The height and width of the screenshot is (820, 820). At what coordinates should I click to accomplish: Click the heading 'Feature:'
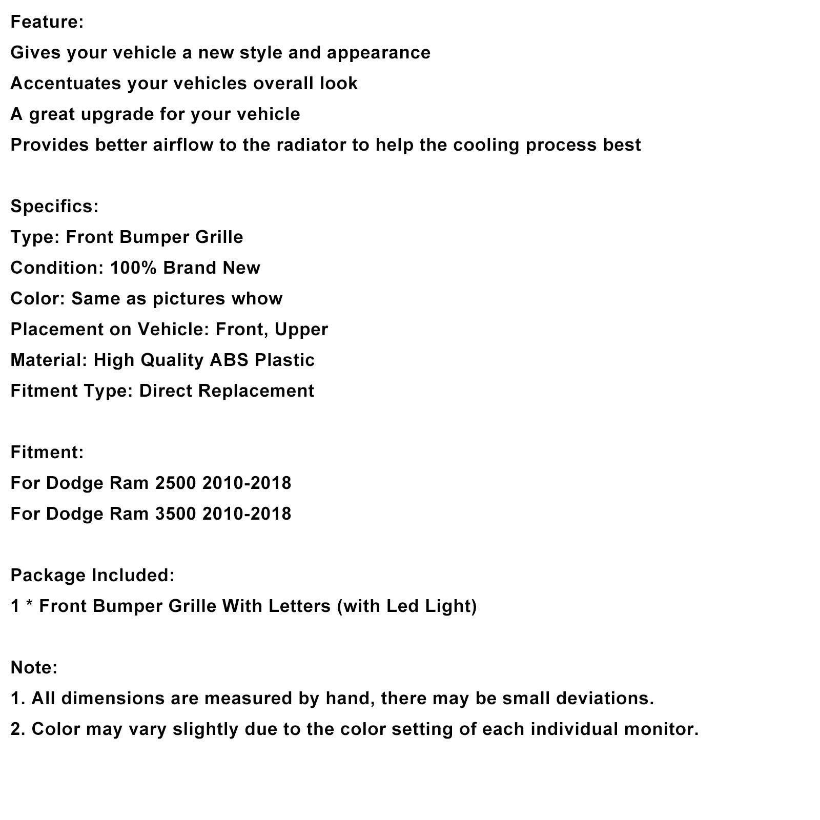47,22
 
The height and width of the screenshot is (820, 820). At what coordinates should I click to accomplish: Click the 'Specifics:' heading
54,207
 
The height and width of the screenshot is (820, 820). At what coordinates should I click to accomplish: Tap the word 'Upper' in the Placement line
301,330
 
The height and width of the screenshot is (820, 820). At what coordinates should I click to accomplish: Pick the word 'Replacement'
256,391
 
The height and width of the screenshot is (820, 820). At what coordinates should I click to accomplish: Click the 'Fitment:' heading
47,453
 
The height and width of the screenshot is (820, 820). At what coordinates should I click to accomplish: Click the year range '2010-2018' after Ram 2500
247,483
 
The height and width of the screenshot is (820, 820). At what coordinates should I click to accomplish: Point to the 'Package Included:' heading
92,576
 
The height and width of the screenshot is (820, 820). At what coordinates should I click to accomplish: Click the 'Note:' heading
34,668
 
